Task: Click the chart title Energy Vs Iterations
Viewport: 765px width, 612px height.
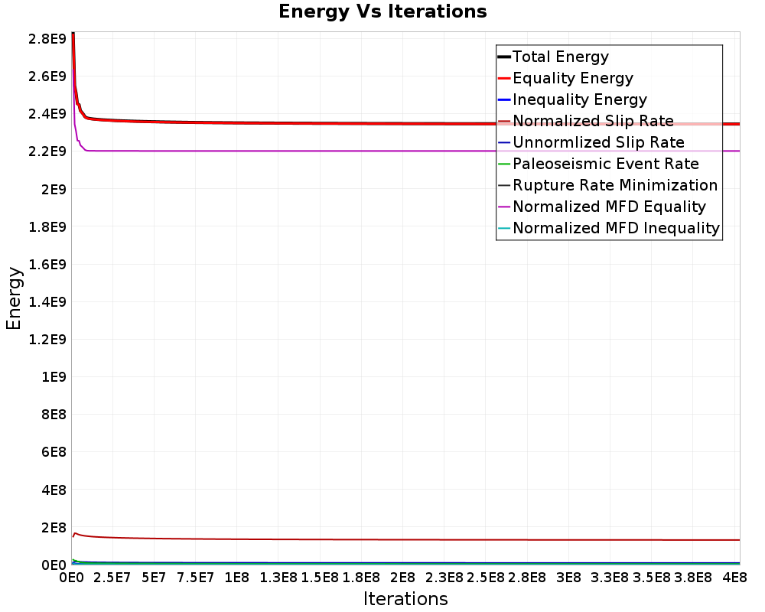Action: [x=382, y=11]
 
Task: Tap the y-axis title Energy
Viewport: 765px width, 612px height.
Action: [x=14, y=298]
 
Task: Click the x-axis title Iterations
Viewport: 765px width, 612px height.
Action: [x=405, y=598]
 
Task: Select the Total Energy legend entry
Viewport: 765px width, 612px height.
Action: [x=553, y=57]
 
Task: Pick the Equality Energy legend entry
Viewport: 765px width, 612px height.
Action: [x=565, y=78]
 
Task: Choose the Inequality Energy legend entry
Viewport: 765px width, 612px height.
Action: [x=572, y=99]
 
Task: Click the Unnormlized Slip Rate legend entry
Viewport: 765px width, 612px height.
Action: [x=591, y=142]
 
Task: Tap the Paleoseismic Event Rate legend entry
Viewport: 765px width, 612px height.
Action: [x=598, y=164]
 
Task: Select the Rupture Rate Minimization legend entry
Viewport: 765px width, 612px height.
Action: [x=607, y=185]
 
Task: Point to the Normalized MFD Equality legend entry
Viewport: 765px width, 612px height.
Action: [x=601, y=207]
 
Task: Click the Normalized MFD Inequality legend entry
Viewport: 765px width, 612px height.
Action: [x=608, y=229]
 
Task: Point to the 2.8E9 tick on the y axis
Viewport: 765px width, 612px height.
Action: [x=47, y=38]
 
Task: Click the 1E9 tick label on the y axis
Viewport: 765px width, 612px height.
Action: [x=54, y=377]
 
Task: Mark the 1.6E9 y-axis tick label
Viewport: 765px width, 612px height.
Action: [x=47, y=264]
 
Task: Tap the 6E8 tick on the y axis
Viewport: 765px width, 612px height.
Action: [x=54, y=452]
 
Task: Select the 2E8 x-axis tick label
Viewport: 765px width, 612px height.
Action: [x=402, y=578]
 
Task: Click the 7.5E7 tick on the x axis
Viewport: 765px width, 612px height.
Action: [x=195, y=578]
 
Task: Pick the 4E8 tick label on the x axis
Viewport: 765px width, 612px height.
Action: [x=734, y=578]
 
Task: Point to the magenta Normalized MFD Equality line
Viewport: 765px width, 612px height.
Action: [x=405, y=151]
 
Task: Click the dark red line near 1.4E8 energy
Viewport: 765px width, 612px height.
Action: [x=405, y=539]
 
